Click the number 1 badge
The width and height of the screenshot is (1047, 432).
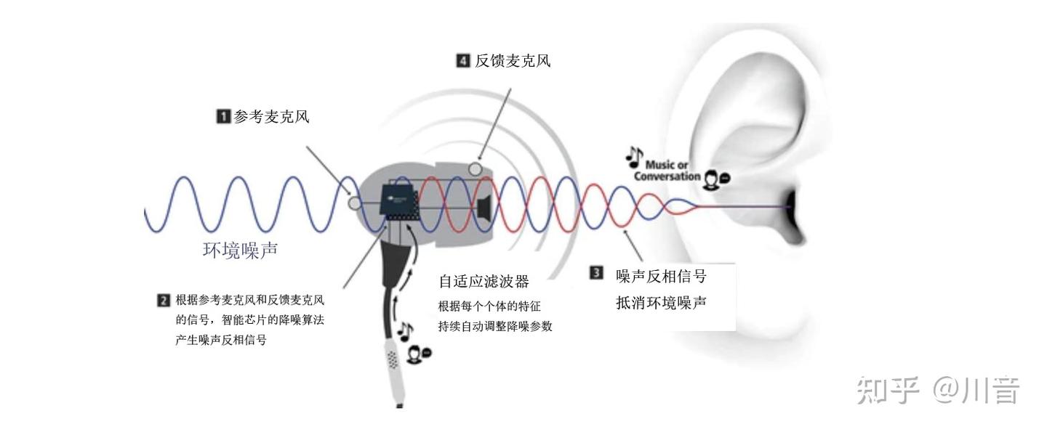tap(224, 116)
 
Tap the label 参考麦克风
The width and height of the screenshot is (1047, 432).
tap(272, 116)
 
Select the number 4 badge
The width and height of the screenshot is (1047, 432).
tap(463, 61)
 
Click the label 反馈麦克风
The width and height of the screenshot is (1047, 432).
tap(513, 61)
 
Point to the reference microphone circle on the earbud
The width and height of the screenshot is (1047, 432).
tap(355, 203)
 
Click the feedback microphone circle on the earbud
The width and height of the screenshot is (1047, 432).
tap(476, 169)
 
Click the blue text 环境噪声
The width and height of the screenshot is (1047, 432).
tap(240, 250)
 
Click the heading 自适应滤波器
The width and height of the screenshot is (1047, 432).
tap(484, 282)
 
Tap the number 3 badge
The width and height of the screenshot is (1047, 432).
tap(596, 273)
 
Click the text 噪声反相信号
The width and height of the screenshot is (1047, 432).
tap(661, 277)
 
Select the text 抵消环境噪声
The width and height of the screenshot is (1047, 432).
tap(661, 303)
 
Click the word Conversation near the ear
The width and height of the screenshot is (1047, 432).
tap(667, 176)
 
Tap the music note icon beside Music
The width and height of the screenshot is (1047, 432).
tap(635, 157)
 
